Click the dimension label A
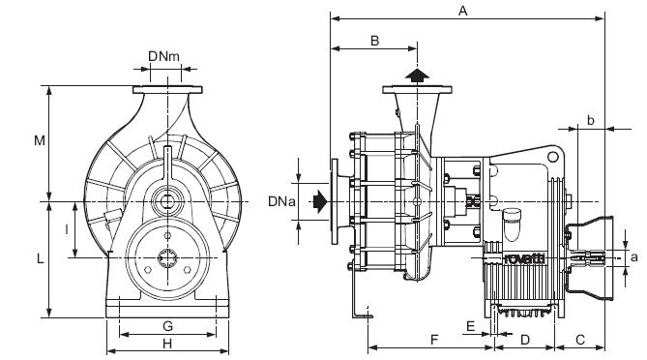point(463,11)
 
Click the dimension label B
point(374,41)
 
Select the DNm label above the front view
point(163,56)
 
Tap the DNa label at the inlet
point(281,201)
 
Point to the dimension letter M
point(40,140)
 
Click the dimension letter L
point(40,259)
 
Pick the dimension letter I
point(67,229)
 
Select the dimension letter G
point(167,326)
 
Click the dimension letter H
point(167,344)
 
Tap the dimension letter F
point(434,340)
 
